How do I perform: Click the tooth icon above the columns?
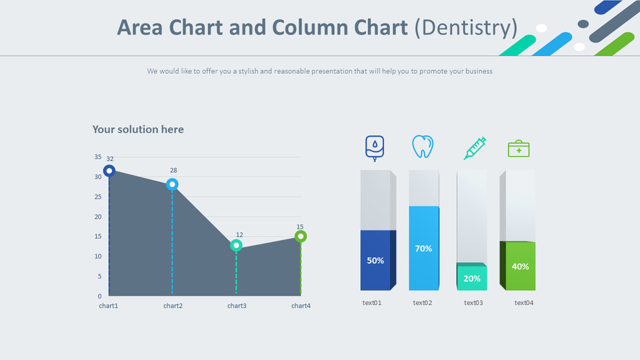[422, 147]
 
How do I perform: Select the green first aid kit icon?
[518, 149]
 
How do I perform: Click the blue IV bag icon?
[374, 147]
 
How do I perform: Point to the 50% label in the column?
[376, 260]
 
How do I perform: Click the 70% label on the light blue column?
[423, 249]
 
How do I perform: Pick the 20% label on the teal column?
[472, 278]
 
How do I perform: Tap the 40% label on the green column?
[520, 266]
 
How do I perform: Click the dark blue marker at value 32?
[109, 171]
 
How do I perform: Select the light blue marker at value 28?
[172, 184]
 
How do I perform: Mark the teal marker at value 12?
[236, 245]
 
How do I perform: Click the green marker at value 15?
[301, 236]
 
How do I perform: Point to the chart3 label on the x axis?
[236, 306]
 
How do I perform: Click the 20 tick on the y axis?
[98, 216]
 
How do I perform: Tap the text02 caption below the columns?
[422, 302]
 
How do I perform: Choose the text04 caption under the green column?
[524, 302]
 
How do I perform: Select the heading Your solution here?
[138, 129]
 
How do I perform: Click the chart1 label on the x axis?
[108, 306]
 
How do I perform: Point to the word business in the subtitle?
[477, 71]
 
